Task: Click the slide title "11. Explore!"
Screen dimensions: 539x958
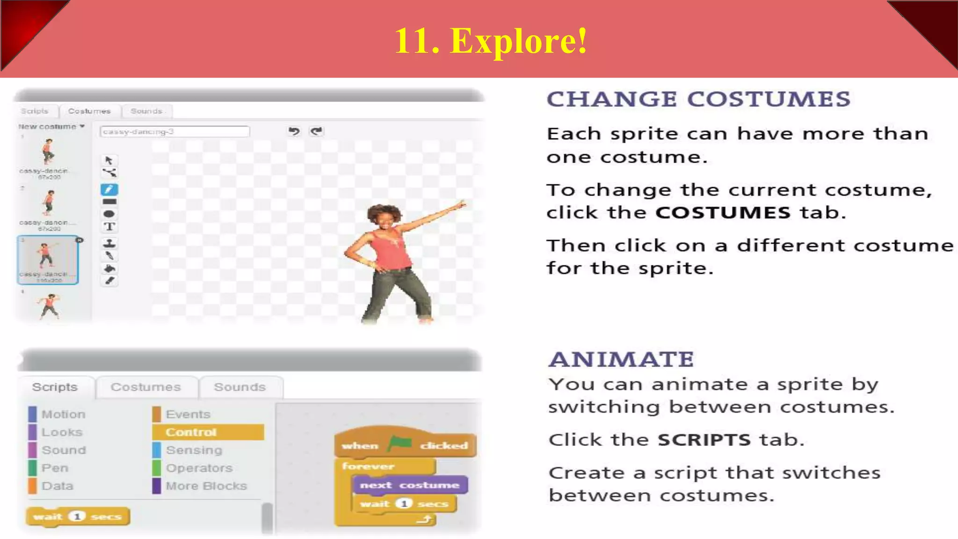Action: click(491, 41)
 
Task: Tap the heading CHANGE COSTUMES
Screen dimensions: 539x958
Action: click(698, 99)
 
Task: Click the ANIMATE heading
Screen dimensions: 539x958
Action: click(621, 359)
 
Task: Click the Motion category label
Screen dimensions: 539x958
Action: click(63, 415)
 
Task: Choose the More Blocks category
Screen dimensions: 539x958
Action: click(206, 486)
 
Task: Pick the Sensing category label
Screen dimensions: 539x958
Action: click(194, 450)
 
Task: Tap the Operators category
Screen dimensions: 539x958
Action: click(199, 468)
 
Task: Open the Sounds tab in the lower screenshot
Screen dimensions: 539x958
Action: click(239, 387)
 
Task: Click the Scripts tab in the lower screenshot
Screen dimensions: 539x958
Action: click(55, 387)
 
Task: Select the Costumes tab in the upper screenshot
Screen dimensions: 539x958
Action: click(89, 111)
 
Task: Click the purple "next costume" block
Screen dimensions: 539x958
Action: click(409, 485)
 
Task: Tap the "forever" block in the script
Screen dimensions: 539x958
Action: click(368, 466)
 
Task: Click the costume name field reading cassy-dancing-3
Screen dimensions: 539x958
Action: click(174, 132)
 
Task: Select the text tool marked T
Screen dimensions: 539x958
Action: click(109, 227)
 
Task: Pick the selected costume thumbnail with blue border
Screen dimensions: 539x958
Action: click(48, 260)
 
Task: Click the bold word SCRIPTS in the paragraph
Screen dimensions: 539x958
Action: click(704, 440)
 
